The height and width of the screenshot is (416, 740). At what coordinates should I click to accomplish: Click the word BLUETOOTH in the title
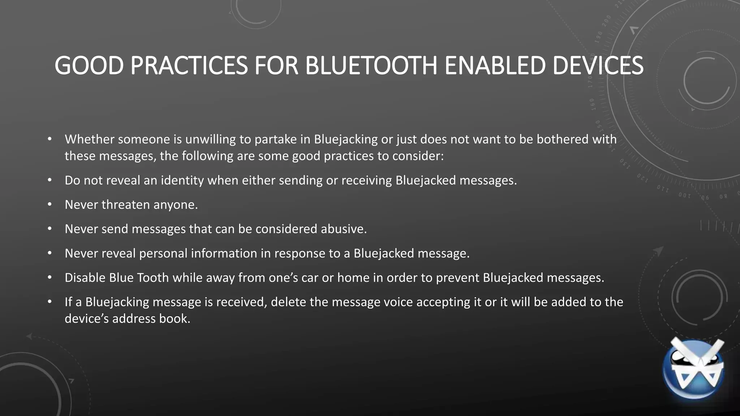coord(372,66)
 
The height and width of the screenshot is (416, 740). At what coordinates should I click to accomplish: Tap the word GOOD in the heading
coord(89,66)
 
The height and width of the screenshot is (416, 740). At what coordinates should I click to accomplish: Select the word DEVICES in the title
coord(598,66)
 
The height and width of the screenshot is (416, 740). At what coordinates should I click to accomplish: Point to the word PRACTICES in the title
coord(189,66)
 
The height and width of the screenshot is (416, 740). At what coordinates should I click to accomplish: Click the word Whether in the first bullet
coord(89,139)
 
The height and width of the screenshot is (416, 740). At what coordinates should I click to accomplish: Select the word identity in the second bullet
coord(182,180)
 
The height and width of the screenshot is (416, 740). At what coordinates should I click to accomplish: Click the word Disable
coord(85,278)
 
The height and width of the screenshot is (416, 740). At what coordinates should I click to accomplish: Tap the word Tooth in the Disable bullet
coord(154,278)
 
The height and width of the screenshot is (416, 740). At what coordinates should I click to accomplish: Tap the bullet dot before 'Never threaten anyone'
coord(50,205)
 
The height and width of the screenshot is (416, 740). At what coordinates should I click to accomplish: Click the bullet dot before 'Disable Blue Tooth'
coord(50,278)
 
